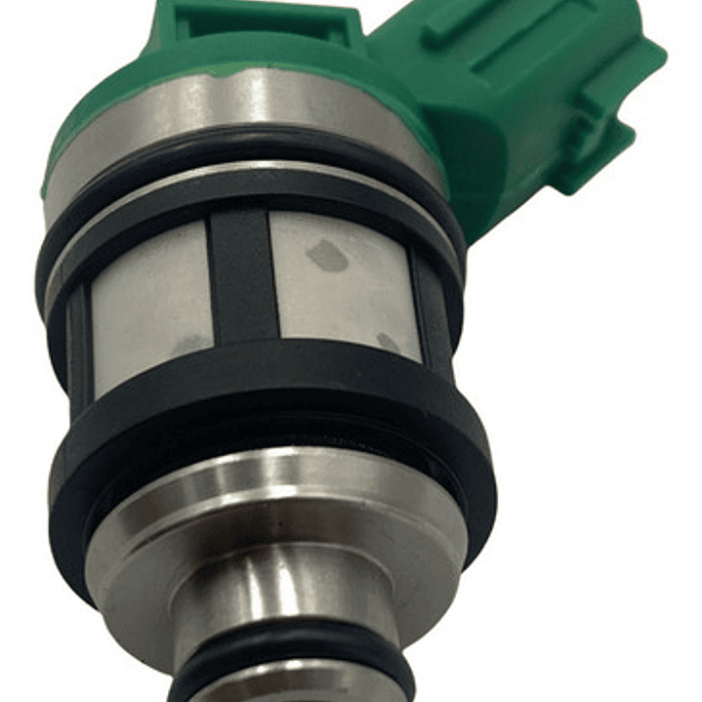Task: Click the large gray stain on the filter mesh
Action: (x=326, y=257)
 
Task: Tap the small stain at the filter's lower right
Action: (x=388, y=343)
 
